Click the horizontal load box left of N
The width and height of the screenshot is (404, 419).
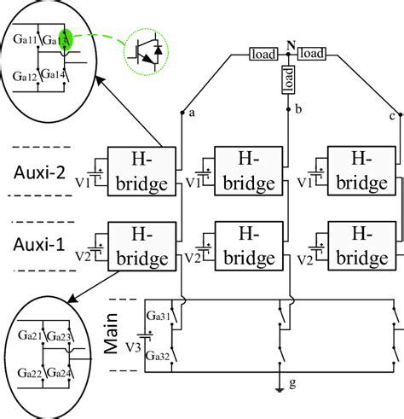coord(260,54)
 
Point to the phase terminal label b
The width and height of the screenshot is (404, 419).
coord(298,110)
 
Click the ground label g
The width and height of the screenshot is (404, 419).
coord(291,407)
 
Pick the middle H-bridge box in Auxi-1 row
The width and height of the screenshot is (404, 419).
coord(248,244)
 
